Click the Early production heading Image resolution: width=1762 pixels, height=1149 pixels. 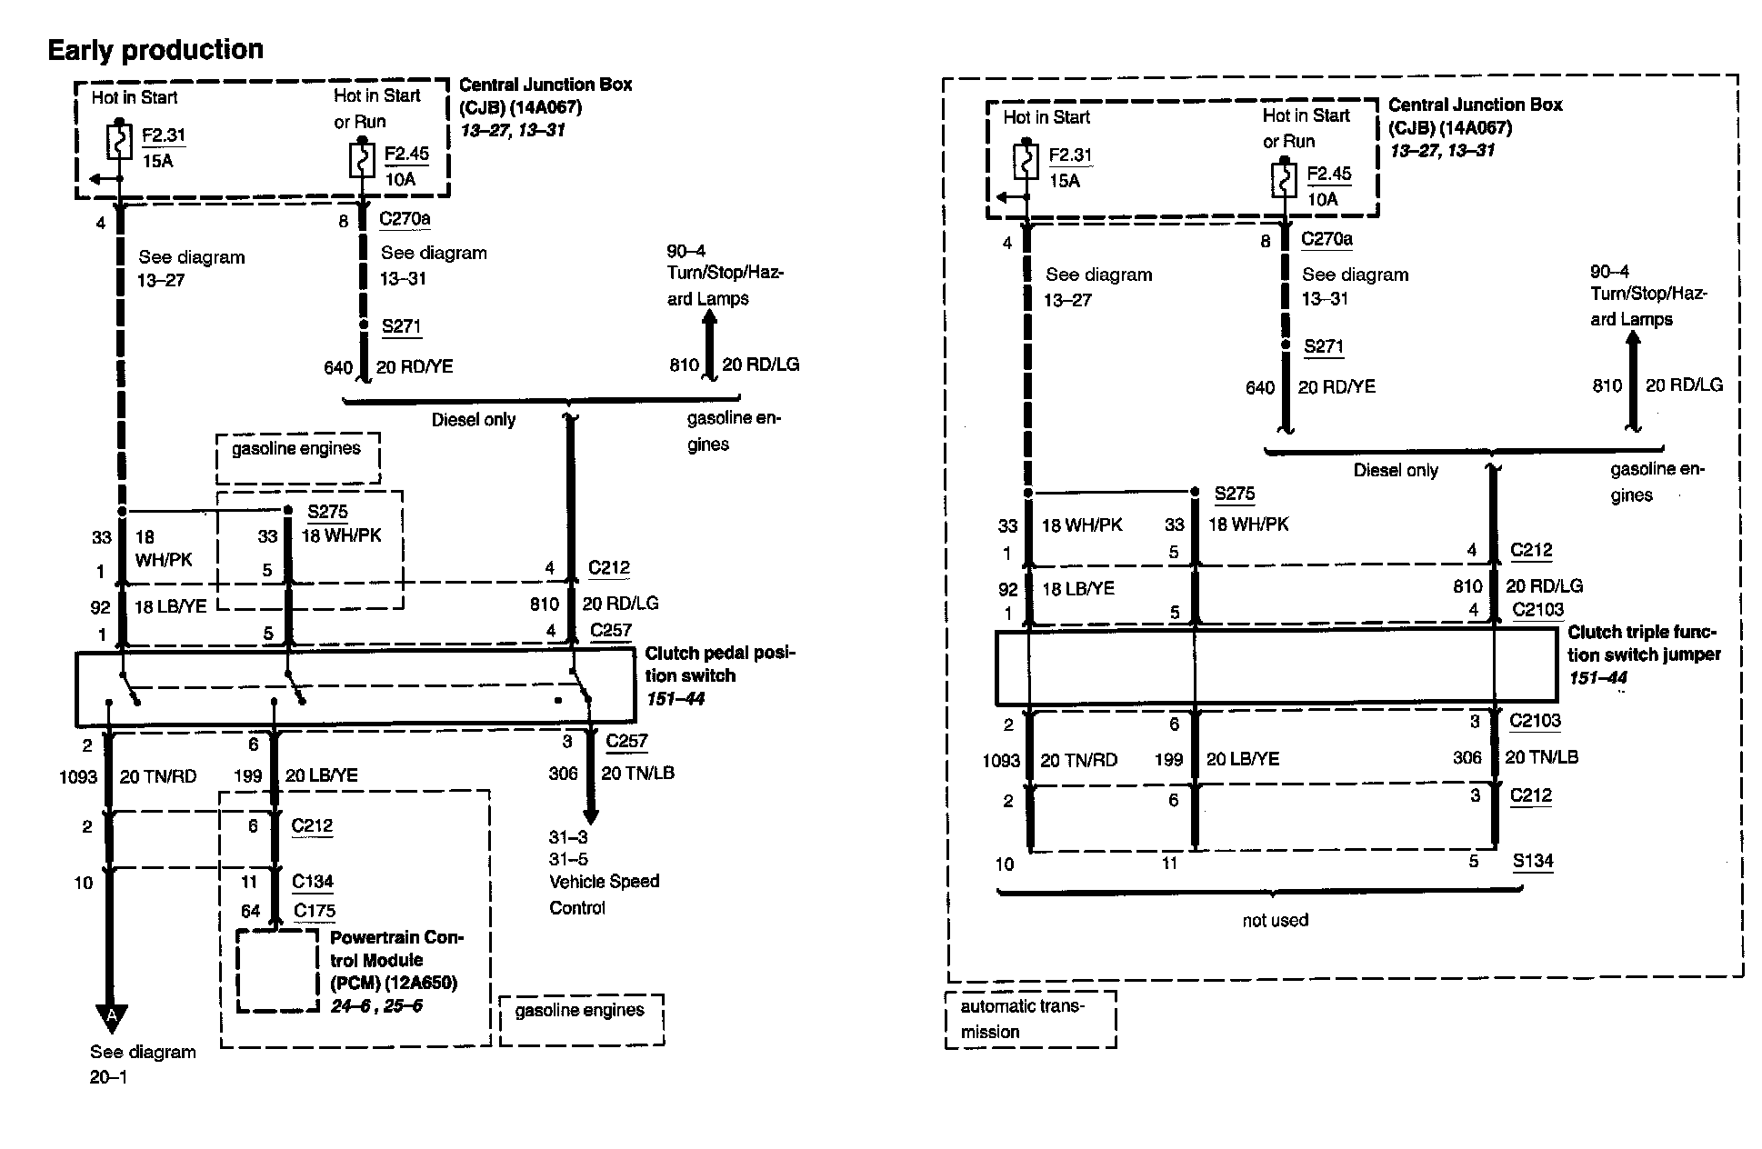point(155,50)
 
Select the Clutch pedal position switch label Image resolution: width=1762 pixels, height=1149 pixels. point(719,675)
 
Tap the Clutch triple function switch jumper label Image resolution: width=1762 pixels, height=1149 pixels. point(1643,644)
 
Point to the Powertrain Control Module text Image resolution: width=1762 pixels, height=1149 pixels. point(396,959)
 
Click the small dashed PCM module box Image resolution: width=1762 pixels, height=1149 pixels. point(277,970)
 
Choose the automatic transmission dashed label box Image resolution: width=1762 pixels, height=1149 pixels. point(1030,1019)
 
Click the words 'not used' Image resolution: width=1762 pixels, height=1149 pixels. point(1275,920)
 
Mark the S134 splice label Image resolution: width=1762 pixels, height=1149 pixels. point(1533,861)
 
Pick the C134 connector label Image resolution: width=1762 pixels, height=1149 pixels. point(313,881)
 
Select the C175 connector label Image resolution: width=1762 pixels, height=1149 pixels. point(314,910)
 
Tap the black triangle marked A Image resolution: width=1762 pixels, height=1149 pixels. point(112,1016)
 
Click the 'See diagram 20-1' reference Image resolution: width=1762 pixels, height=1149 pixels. point(143,1064)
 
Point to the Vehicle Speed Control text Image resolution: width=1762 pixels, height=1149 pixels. point(604,894)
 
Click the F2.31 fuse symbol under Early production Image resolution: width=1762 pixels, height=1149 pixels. point(120,141)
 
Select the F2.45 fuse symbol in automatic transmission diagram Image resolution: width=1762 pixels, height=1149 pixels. point(1283,179)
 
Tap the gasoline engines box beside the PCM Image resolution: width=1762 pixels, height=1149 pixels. point(581,1020)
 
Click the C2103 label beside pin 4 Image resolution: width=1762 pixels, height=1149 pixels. point(1537,610)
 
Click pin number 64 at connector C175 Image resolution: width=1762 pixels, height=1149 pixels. point(250,910)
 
